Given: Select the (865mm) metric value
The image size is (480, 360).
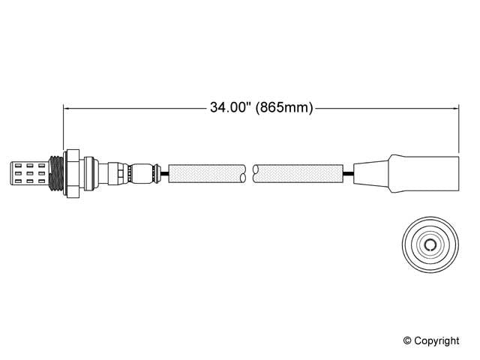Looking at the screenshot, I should tap(283, 108).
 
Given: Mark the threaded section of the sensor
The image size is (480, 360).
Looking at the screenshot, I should tap(54, 173).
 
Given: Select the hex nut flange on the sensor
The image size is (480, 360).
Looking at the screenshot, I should tap(72, 173).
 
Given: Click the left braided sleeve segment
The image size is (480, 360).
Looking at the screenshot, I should tap(207, 174).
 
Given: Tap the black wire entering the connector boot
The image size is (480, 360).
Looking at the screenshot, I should tap(347, 174).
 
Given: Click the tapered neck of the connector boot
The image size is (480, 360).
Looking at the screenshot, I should tap(370, 173).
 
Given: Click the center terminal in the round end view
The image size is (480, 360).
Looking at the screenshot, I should tap(430, 246).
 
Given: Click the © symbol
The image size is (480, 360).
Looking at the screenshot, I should tap(409, 340).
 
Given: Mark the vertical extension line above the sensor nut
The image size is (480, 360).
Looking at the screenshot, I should tap(64, 127).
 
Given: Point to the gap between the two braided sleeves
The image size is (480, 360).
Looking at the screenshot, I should tap(250, 174).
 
